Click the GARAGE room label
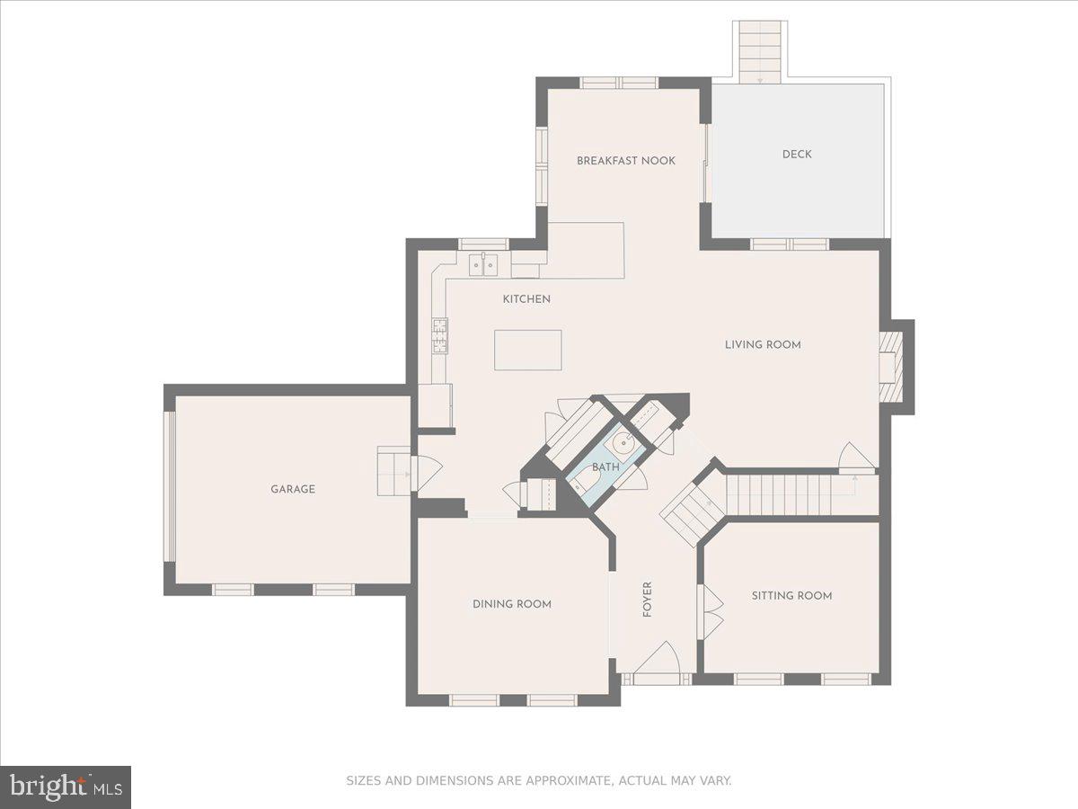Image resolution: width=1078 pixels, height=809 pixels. pos(293,490)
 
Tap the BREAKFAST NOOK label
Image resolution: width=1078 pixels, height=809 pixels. pos(626,161)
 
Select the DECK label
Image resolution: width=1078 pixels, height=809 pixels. pos(797,155)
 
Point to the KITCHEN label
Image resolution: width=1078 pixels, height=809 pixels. pos(526,299)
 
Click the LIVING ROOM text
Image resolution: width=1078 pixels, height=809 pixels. pos(763,344)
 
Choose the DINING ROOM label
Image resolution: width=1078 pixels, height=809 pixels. pos(512,604)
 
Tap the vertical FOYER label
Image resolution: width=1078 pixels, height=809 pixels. pos(648,600)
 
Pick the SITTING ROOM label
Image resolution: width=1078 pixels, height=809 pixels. pos(791,595)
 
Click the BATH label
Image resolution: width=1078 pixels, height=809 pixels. pos(605,467)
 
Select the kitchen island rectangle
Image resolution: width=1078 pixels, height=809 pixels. pos(527,350)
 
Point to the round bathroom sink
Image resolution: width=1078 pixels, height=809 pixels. pos(626,442)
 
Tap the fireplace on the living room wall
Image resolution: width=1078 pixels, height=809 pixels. pos(889,368)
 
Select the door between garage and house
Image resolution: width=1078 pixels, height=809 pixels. pos(425,473)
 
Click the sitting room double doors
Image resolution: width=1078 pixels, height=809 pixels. pos(711,612)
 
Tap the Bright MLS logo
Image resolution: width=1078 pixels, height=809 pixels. pos(66,787)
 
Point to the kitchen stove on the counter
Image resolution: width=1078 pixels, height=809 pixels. pos(440,337)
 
